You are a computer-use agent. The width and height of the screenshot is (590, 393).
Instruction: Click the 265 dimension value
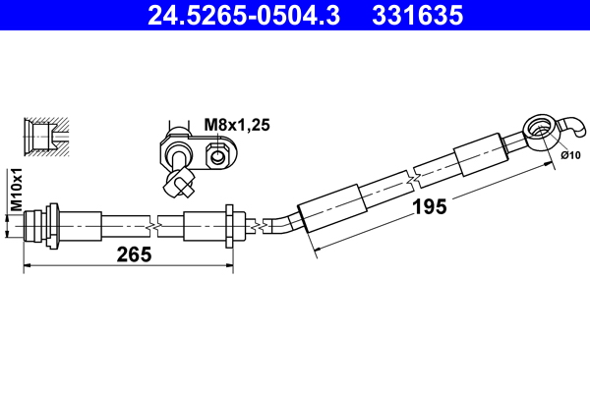point(134,254)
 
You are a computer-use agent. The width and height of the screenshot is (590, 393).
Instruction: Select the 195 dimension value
point(429,206)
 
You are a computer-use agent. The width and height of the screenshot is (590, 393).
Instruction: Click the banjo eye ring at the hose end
point(537,128)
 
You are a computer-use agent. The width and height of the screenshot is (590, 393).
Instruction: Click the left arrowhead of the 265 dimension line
point(28,265)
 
